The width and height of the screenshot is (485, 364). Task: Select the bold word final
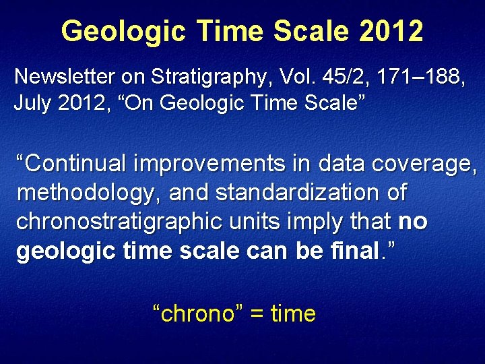(x=354, y=251)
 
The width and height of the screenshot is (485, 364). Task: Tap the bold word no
(x=413, y=222)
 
